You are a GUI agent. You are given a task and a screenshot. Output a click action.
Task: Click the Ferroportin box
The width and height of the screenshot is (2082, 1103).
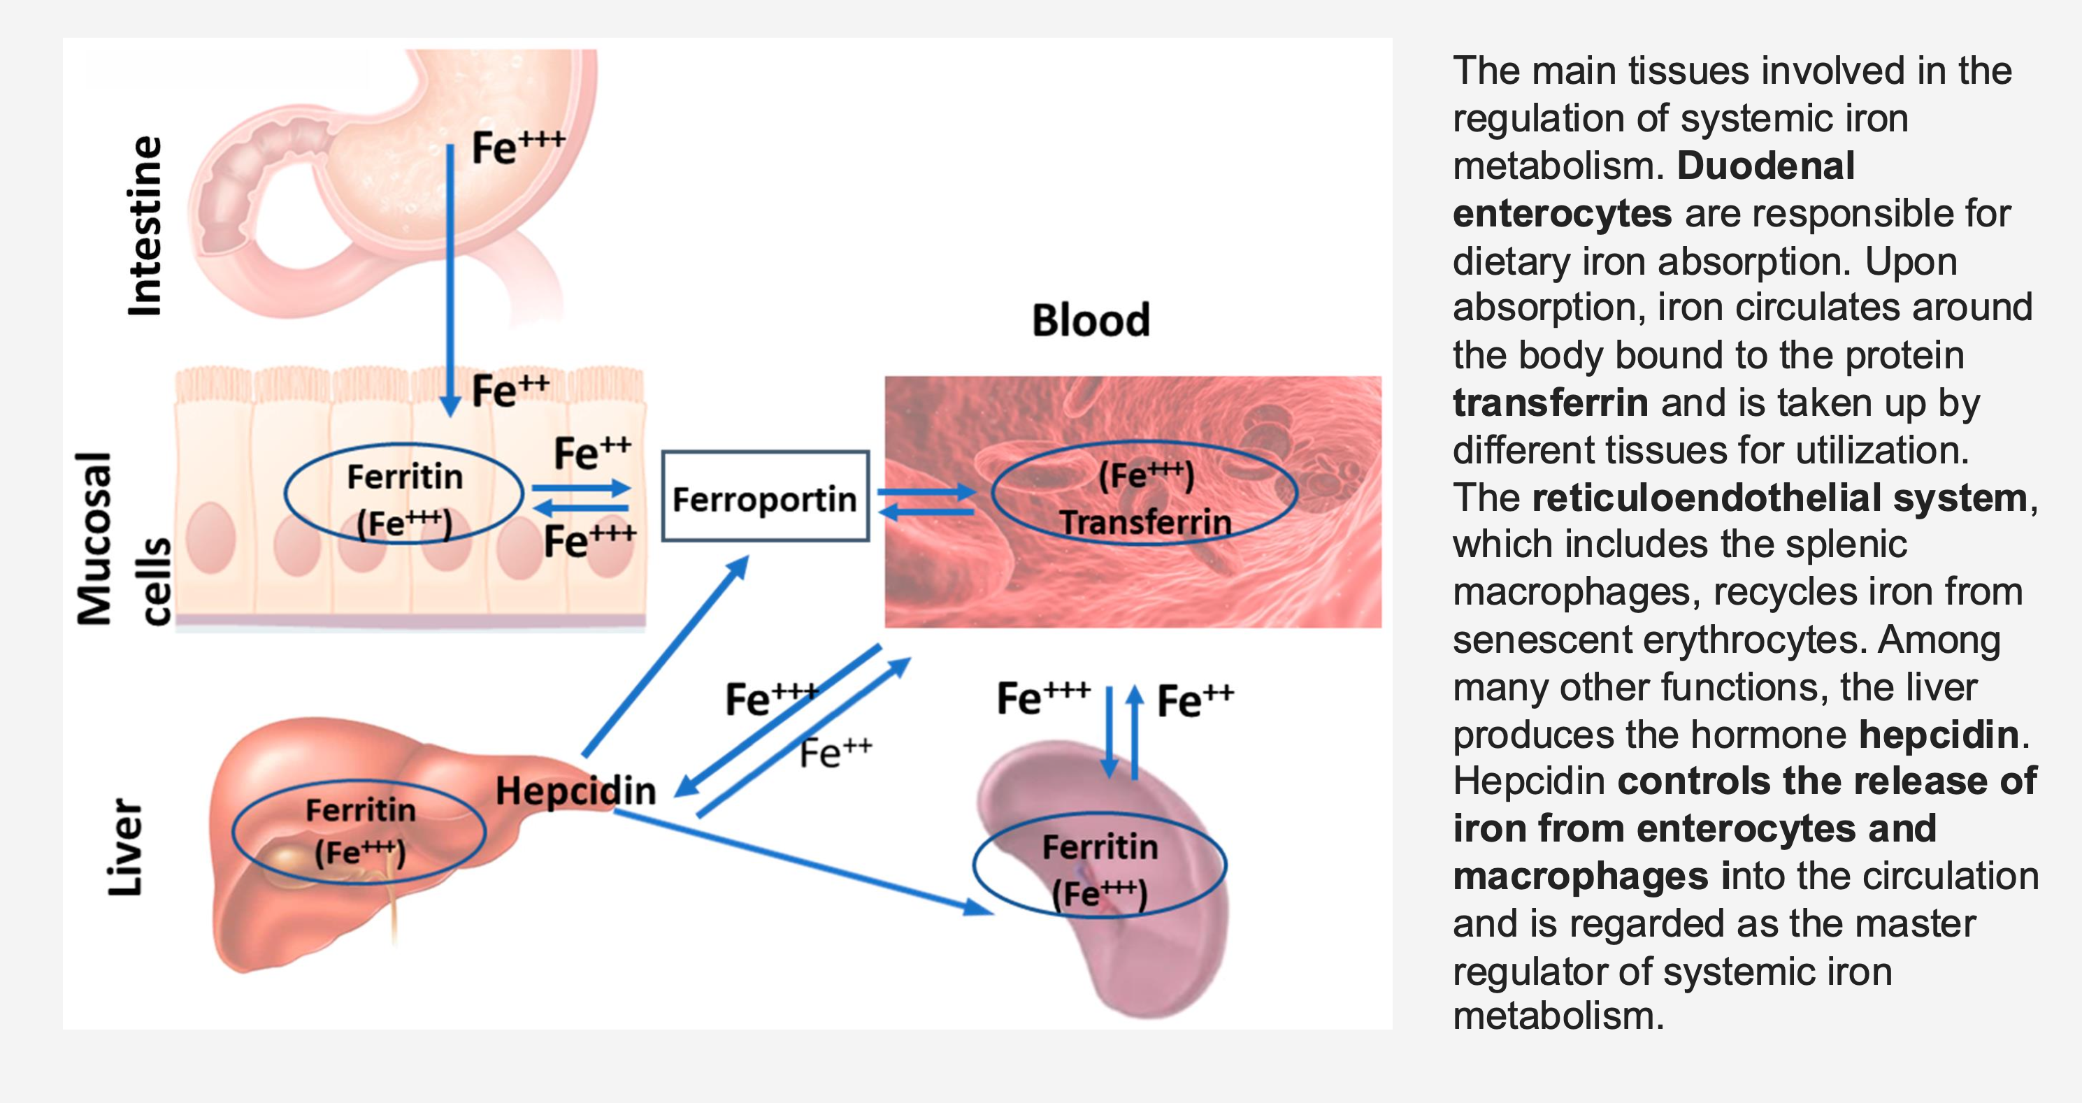[765, 496]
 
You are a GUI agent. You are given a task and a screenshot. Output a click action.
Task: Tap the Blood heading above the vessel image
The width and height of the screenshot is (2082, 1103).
[1091, 320]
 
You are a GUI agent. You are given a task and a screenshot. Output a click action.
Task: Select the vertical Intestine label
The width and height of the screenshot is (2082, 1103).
[146, 226]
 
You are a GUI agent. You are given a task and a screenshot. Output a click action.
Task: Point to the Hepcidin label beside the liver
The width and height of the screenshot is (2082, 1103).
[575, 791]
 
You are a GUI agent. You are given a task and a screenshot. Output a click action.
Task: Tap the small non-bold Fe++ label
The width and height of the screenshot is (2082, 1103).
[835, 753]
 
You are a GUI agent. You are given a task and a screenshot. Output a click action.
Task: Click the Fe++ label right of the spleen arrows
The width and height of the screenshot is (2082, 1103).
[1195, 700]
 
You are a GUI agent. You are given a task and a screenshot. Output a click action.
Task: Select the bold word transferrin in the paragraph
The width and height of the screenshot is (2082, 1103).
[1550, 403]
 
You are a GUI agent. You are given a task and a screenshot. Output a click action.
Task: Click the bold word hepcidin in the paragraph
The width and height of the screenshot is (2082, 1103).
[1938, 735]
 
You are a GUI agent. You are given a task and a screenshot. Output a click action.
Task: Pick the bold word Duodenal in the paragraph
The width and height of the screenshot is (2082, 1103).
[1765, 166]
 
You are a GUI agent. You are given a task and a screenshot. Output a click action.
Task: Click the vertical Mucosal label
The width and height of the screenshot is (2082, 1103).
[94, 538]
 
